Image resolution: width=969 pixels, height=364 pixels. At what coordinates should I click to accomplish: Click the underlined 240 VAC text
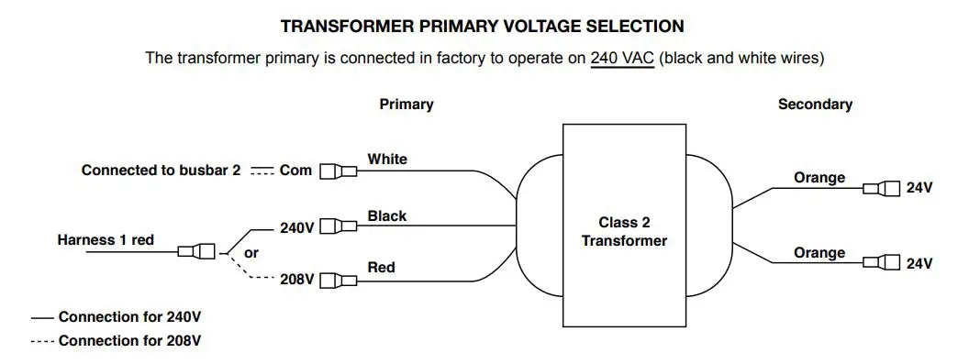pos(622,58)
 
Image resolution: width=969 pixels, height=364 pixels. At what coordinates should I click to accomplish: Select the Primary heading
pos(406,105)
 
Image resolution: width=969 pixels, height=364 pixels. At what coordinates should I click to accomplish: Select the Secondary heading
pos(815,105)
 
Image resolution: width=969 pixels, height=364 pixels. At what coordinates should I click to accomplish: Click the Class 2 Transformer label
pos(624,231)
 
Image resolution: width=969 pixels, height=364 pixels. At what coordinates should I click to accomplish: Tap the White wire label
pos(387,160)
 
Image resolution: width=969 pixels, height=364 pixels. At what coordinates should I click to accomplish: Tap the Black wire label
pos(387,216)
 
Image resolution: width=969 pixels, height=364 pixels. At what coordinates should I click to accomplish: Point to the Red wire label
pos(381,268)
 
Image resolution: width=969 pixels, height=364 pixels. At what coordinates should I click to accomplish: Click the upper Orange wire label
pos(819,178)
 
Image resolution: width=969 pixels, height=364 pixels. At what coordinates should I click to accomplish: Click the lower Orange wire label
pos(819,253)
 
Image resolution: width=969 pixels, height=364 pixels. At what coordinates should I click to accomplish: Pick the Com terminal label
pos(295,171)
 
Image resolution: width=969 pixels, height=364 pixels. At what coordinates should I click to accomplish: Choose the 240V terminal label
pos(297,227)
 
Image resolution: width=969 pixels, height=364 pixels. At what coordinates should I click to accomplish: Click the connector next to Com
pos(338,171)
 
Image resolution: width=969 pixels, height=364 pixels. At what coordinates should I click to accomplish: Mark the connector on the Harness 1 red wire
pos(196,251)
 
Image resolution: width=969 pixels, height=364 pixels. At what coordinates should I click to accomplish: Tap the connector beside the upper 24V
pos(882,189)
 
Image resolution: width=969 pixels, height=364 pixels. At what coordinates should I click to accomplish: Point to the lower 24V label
pos(919,264)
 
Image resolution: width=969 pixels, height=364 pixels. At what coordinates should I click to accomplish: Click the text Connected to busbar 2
pos(161,171)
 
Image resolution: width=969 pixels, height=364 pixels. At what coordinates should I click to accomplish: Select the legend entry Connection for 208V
pos(129,341)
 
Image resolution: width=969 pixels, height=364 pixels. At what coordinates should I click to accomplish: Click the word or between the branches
pos(251,252)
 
